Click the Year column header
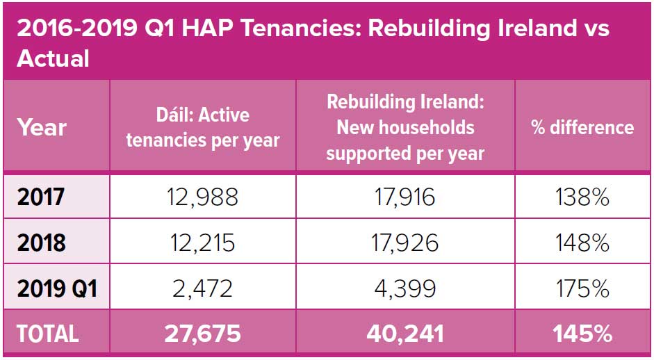pos(42,128)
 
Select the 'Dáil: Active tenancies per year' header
pos(202,127)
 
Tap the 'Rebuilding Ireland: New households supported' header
pos(405,127)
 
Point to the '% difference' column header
pos(582,128)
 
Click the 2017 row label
pos(42,197)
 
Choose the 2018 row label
pos(42,243)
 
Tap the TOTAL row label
pos(48,334)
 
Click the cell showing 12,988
pos(202,197)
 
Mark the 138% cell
pos(582,197)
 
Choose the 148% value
pos(582,243)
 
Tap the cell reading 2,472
pos(202,288)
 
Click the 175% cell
pos(582,288)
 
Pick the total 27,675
pos(202,334)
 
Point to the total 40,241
pos(404,334)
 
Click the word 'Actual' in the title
pos(54,58)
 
